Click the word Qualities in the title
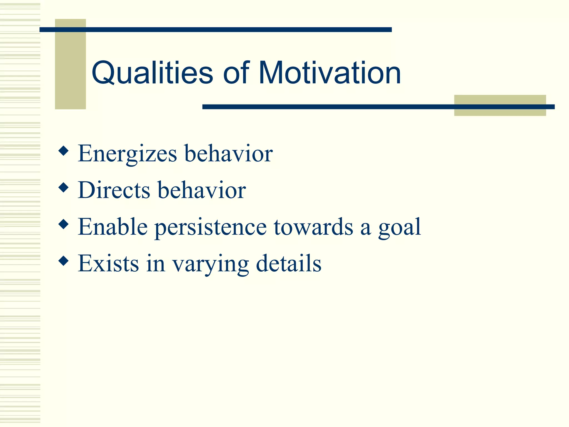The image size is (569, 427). [x=152, y=73]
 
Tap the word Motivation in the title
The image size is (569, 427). [x=330, y=73]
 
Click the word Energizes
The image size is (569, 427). [x=127, y=154]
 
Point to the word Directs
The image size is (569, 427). [x=114, y=190]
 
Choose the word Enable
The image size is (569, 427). [x=113, y=227]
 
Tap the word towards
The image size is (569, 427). [x=313, y=227]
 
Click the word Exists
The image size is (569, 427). [x=108, y=264]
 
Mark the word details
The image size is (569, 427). [x=288, y=264]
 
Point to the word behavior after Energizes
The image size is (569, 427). [x=228, y=154]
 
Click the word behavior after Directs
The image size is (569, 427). [x=202, y=190]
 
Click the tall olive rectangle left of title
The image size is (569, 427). [x=70, y=64]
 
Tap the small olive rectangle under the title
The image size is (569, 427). [x=500, y=105]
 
